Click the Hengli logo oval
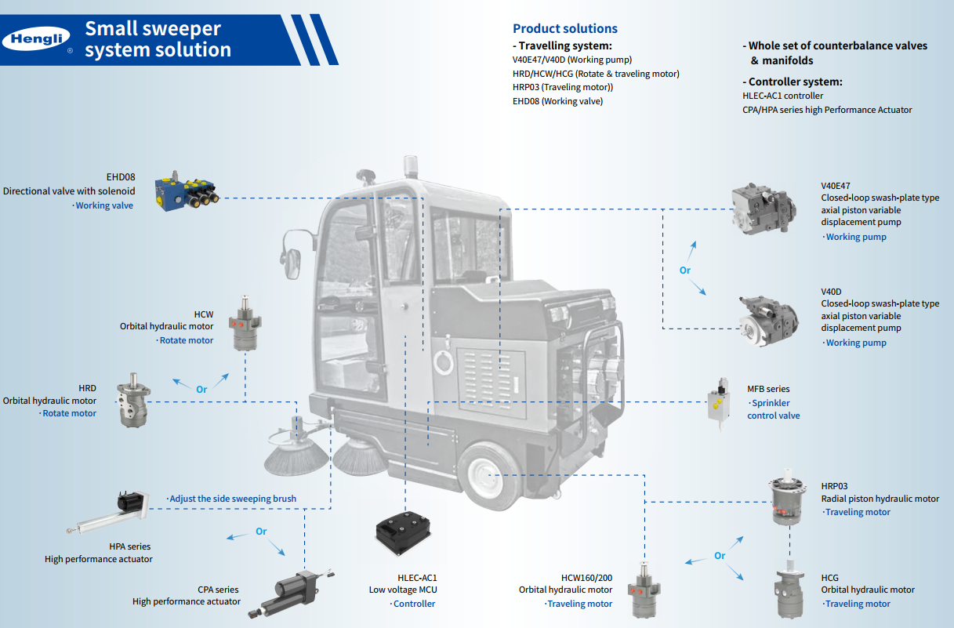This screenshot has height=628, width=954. (x=36, y=39)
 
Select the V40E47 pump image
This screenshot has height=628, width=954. (x=764, y=208)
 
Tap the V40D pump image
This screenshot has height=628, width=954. (x=768, y=321)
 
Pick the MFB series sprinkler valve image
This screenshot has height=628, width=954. (x=719, y=403)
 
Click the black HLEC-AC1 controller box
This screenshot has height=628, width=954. (x=403, y=533)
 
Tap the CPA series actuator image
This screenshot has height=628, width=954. (x=292, y=593)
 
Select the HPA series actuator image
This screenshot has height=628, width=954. (x=108, y=512)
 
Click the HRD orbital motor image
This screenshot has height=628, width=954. (x=133, y=400)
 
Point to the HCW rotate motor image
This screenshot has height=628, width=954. (x=245, y=323)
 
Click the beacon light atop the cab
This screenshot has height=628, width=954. (x=411, y=166)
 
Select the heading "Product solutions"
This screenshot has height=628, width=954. (x=564, y=28)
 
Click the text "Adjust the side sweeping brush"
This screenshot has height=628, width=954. (x=233, y=499)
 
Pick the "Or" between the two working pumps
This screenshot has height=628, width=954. (x=685, y=270)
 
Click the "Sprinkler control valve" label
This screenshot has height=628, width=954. (x=774, y=409)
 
